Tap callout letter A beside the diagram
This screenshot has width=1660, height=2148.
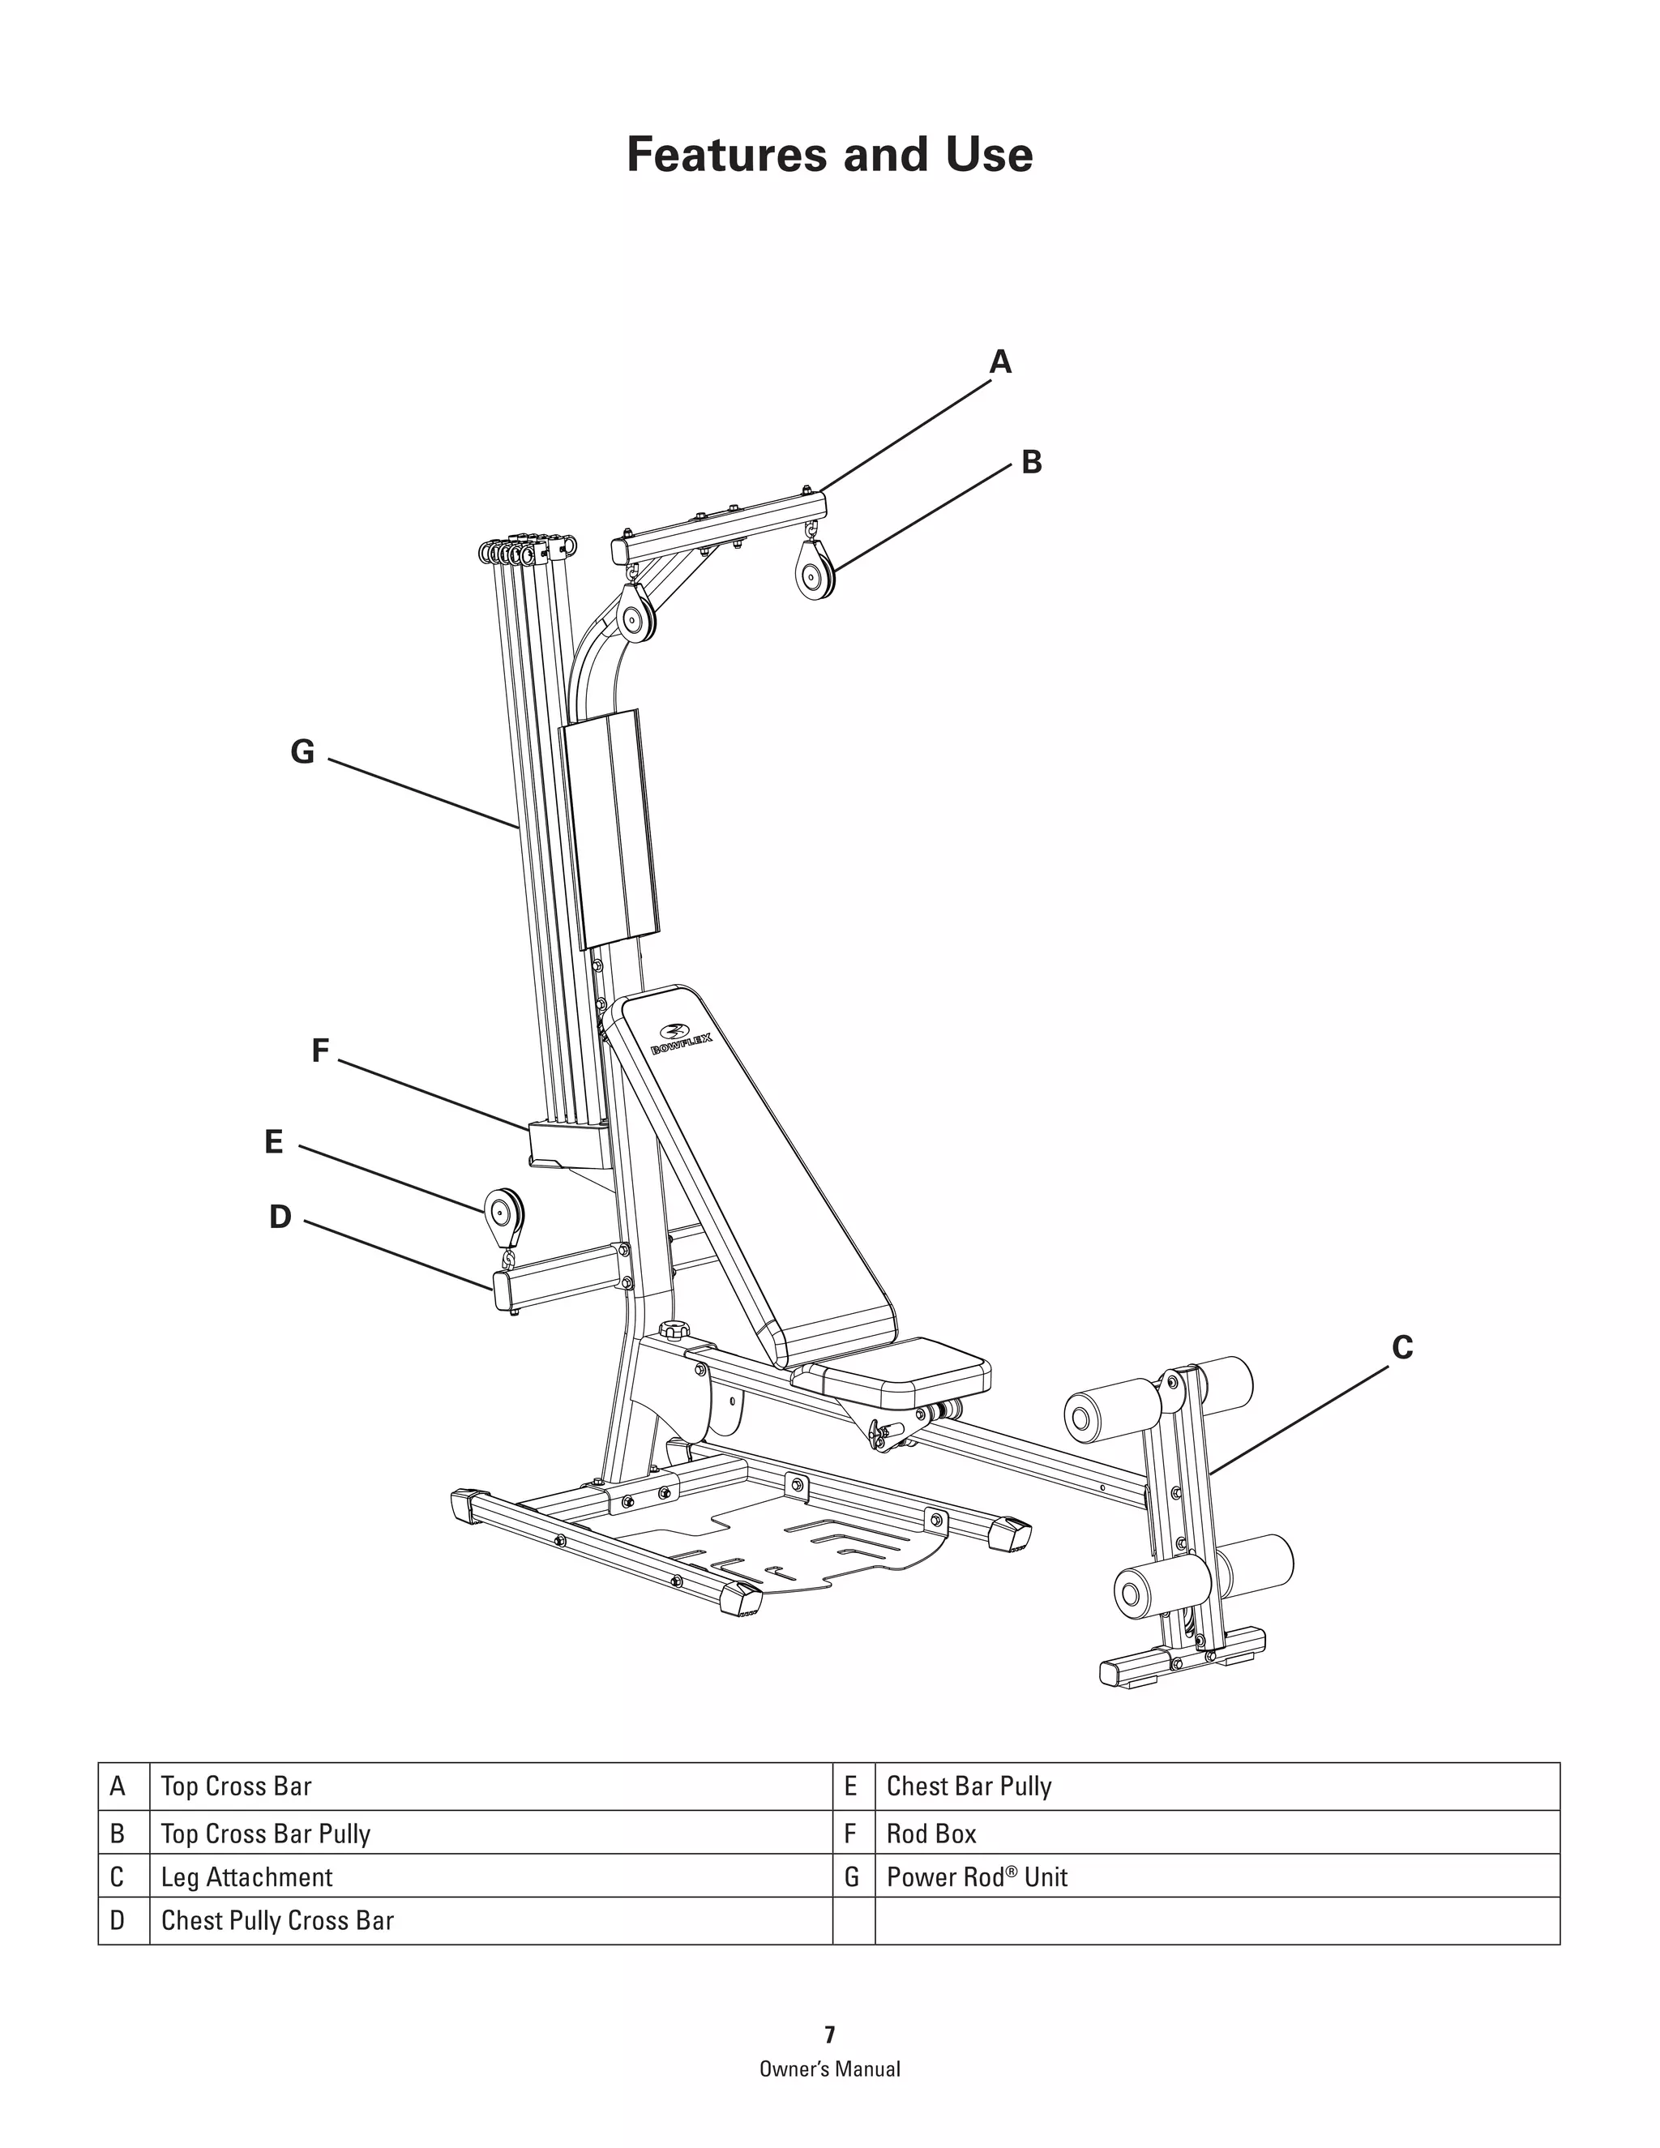point(1000,363)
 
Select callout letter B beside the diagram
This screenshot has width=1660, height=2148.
point(1031,462)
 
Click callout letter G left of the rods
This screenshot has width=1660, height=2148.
point(302,752)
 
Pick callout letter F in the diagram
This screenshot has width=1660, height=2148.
point(319,1051)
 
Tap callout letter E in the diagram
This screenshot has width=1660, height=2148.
point(273,1142)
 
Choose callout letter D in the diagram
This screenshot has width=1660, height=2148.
point(280,1217)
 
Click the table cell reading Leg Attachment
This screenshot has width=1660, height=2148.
point(247,1877)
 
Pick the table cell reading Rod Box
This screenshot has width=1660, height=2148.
point(931,1834)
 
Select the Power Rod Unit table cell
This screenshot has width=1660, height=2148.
point(977,1877)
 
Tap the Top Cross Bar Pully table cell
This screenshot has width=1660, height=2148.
point(266,1834)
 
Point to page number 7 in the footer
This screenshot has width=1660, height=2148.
point(829,2035)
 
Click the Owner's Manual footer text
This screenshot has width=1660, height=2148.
point(829,2069)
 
